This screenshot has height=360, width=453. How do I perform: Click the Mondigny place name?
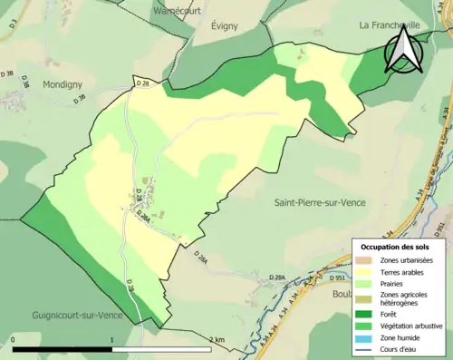coord(63,83)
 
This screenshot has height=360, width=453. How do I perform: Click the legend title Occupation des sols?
coord(395,221)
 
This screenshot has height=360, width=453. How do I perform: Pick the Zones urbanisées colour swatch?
coord(364,236)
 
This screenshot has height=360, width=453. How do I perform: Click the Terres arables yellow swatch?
coord(364,248)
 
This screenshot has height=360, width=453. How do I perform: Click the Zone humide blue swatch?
coord(364,326)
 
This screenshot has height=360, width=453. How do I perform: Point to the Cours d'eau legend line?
coord(364,340)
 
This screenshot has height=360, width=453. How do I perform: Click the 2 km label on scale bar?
coord(216,339)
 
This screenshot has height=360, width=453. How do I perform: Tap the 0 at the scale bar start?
coord(14,339)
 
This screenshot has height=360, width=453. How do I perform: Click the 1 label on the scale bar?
coord(111,339)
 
